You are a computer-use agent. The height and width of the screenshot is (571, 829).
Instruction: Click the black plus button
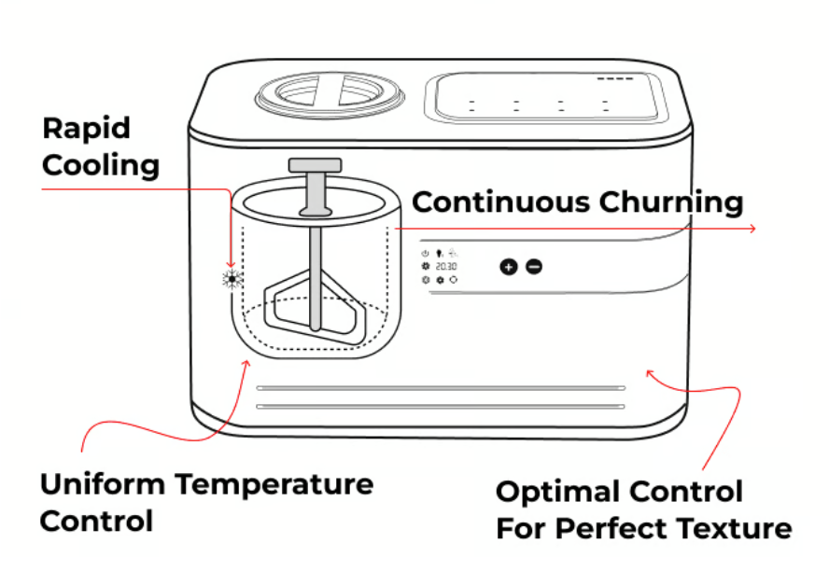coord(508,267)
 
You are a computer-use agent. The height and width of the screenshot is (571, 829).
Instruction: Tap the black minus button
coord(533,267)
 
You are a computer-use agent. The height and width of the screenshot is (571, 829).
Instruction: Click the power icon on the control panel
coord(425,253)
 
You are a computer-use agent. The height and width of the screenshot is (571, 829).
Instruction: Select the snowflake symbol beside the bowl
coord(232,277)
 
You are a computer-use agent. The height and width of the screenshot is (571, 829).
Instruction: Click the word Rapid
coord(87,129)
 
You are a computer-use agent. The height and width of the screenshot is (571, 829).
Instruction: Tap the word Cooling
coord(101,166)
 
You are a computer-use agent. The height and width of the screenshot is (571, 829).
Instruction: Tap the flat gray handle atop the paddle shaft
coord(315,165)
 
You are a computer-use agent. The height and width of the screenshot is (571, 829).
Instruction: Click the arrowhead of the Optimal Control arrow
coord(650,373)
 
